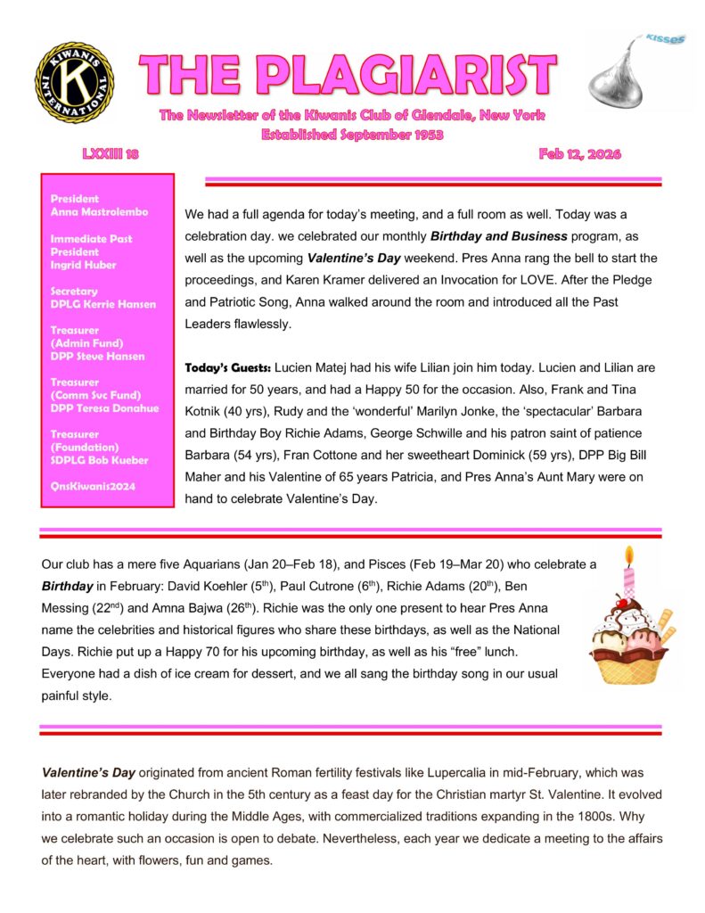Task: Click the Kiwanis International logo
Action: (74, 83)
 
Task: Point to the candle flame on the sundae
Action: (628, 555)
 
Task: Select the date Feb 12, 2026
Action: (579, 153)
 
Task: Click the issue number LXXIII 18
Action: (111, 153)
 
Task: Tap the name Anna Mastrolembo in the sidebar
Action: (99, 212)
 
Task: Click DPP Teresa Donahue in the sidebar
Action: (104, 408)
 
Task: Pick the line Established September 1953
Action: (352, 135)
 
